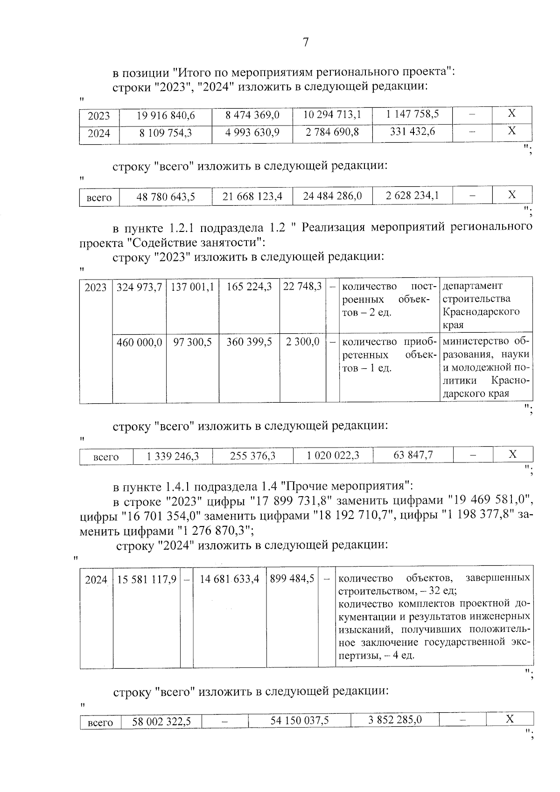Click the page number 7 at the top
[306, 42]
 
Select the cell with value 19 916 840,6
[166, 115]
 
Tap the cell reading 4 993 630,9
[252, 133]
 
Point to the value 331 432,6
[412, 132]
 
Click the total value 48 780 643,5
[166, 197]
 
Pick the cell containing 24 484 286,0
[332, 196]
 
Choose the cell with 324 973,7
[139, 287]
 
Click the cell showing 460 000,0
[139, 343]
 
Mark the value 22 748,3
[302, 287]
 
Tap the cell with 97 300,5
[192, 343]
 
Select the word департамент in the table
[472, 286]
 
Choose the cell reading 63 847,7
[413, 455]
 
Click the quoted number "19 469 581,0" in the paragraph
[490, 501]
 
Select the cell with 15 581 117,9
[147, 580]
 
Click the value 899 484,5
[292, 579]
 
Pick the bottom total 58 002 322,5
[161, 722]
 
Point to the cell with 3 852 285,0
[394, 720]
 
